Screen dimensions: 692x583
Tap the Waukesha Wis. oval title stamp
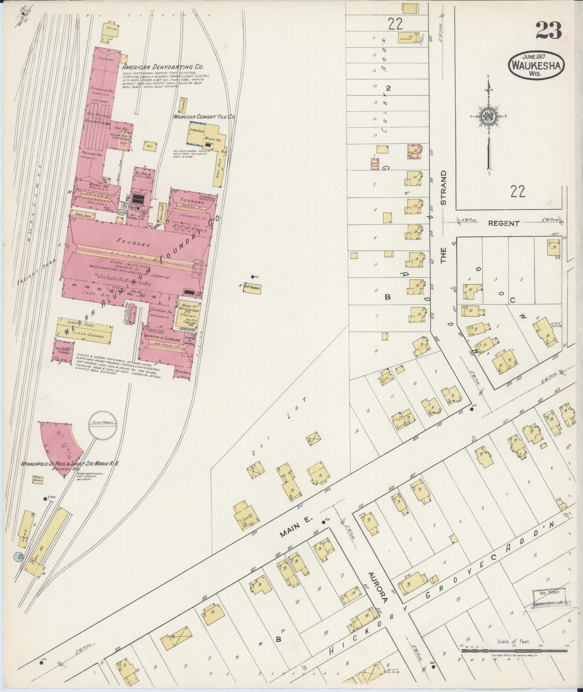tap(536, 64)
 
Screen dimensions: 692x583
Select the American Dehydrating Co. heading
tap(162, 67)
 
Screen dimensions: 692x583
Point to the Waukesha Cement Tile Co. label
tap(205, 117)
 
